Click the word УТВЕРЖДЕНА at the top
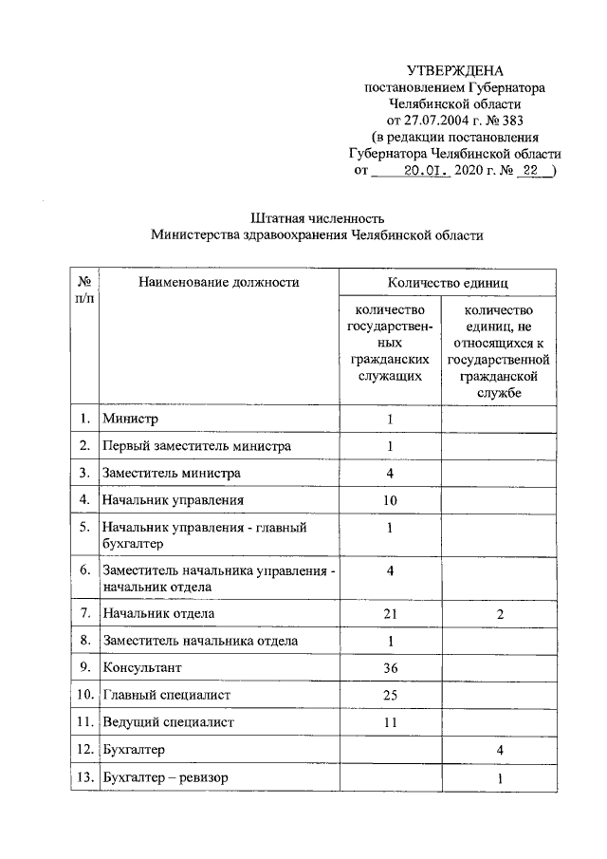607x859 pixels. (x=455, y=71)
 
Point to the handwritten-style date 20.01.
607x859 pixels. (x=424, y=172)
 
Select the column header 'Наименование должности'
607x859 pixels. (x=218, y=282)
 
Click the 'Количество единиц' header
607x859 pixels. (x=448, y=283)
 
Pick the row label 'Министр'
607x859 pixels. (x=132, y=419)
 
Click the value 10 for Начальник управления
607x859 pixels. (x=390, y=500)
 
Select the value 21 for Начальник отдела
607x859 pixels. (x=390, y=614)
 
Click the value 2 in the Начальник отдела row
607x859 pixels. (x=500, y=615)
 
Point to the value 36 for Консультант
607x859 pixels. (x=390, y=668)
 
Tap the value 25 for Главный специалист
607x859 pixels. (x=390, y=696)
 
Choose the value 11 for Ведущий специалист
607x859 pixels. (x=390, y=723)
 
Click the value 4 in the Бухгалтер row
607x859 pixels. (x=500, y=751)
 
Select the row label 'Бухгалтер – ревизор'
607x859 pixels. (x=166, y=778)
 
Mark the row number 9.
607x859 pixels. (x=84, y=668)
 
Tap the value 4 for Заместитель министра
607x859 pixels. (x=390, y=473)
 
